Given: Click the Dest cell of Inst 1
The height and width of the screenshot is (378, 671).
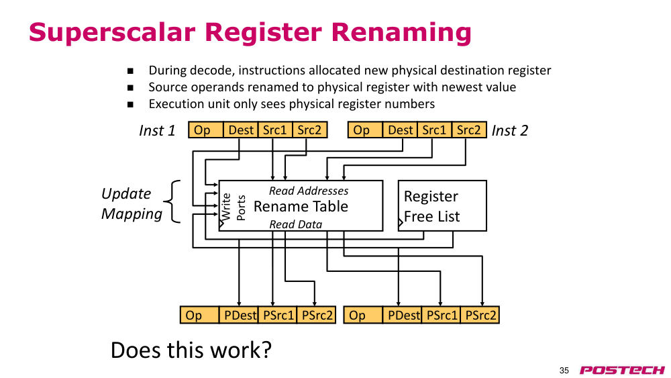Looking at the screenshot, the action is (x=240, y=130).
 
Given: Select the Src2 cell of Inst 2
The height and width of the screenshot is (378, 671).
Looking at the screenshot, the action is (x=469, y=130).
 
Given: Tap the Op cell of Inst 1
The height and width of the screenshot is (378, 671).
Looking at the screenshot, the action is (x=206, y=130).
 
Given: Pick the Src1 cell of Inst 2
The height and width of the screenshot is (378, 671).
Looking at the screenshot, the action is (x=434, y=130).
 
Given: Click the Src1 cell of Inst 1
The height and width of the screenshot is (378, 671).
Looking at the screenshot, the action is (x=275, y=130).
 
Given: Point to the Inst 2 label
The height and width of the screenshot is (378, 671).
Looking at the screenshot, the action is (x=510, y=130).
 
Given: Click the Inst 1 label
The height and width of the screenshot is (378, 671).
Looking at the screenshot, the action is (x=157, y=130).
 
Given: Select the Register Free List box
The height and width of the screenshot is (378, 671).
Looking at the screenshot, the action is (x=442, y=205).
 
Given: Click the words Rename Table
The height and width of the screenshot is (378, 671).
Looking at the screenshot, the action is (x=301, y=206).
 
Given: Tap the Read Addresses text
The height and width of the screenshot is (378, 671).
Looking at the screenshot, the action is (x=309, y=191).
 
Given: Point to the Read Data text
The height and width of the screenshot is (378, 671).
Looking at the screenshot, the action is (x=296, y=224).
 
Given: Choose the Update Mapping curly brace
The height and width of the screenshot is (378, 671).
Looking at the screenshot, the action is (x=172, y=201).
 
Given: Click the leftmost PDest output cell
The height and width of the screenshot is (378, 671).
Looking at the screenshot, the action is (x=239, y=315).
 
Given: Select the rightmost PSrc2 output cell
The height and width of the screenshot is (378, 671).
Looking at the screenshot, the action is (x=480, y=315).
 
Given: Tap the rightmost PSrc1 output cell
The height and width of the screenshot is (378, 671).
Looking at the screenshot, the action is (x=442, y=315).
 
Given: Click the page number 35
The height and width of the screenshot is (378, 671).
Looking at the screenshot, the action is (x=564, y=371).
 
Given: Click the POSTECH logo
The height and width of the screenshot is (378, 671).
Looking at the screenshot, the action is (x=622, y=370).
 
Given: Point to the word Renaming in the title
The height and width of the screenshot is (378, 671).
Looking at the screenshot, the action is (x=401, y=32).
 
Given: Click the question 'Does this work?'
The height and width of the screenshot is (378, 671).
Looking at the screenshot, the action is (x=191, y=350).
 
